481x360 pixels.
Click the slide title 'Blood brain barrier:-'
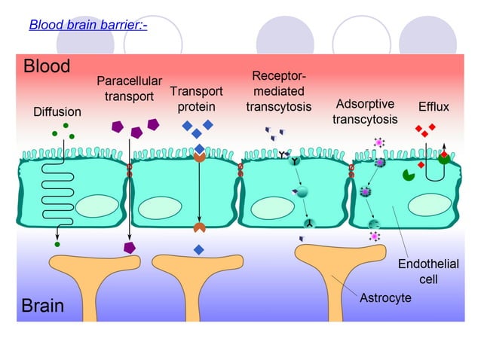pyautogui.click(x=87, y=25)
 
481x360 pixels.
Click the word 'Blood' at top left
pyautogui.click(x=47, y=66)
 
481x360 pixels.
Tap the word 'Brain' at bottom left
pyautogui.click(x=43, y=306)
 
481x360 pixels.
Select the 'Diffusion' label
pyautogui.click(x=57, y=111)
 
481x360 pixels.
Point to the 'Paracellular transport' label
pyautogui.click(x=125, y=88)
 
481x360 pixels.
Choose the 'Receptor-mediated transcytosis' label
pyautogui.click(x=278, y=91)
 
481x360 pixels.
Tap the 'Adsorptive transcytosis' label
pyautogui.click(x=365, y=111)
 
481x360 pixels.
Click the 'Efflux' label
pyautogui.click(x=434, y=107)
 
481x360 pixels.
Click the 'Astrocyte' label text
pyautogui.click(x=386, y=298)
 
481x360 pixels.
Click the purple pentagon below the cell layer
pyautogui.click(x=130, y=246)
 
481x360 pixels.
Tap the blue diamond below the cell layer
pyautogui.click(x=198, y=249)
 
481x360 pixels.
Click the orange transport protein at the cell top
pyautogui.click(x=199, y=157)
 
